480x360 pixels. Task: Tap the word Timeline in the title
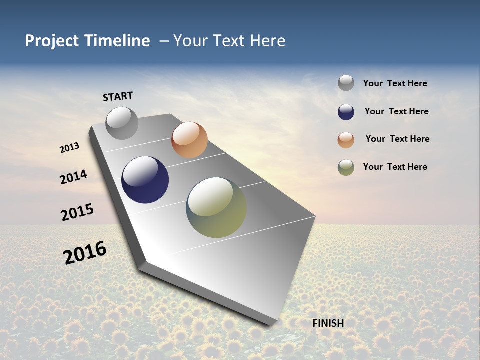point(117,41)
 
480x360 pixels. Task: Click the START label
point(118,96)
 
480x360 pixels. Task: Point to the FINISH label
point(328,323)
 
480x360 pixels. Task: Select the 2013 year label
point(69,148)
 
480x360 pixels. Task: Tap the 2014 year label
point(74,177)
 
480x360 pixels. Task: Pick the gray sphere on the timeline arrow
point(122,123)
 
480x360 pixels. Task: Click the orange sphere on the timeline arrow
point(189,140)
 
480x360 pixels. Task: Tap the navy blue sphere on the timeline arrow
point(145,180)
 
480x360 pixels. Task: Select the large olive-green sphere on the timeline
point(216,207)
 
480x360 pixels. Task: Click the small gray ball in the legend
point(346,83)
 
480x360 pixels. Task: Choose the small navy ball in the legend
point(346,112)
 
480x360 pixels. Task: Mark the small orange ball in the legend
point(346,140)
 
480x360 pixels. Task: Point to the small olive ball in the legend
point(346,167)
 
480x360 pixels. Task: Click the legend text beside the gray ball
point(395,83)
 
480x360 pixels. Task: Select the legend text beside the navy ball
point(396,111)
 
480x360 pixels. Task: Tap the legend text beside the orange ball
point(397,139)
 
